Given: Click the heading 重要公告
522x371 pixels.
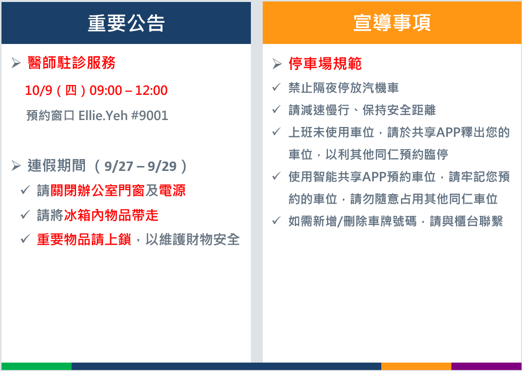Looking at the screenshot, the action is tap(126, 23).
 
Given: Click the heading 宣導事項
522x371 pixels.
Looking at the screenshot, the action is tap(392, 23).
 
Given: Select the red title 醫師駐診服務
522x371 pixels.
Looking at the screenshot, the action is tap(72, 63).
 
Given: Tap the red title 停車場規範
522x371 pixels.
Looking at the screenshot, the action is tap(325, 64).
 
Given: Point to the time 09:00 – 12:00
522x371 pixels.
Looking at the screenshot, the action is tap(128, 90).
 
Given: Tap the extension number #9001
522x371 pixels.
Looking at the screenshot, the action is tap(150, 116).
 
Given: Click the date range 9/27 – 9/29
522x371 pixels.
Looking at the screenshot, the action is tap(140, 166).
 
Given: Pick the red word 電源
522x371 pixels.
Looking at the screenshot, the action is tap(172, 191).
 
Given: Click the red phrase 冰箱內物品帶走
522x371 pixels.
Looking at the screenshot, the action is tap(111, 215).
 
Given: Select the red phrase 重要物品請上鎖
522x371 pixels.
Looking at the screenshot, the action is tap(84, 240).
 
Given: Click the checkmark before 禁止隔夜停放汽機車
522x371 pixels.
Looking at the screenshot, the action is tap(277, 87).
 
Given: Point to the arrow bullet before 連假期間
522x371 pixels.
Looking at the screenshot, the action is tap(16, 165).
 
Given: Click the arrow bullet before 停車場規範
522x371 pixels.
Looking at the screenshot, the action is tap(277, 64).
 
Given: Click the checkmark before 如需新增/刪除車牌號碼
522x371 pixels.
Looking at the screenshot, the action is tap(277, 220).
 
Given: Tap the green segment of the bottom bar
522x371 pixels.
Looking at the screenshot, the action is tap(36, 366).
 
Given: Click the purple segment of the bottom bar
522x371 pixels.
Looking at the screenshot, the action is tap(486, 366).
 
